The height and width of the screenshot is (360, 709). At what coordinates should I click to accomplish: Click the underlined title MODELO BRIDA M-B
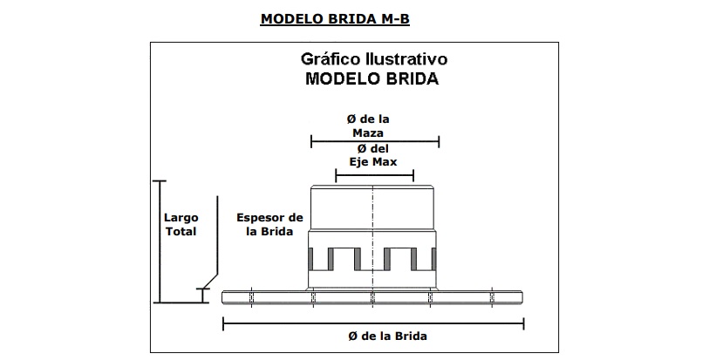[341, 17]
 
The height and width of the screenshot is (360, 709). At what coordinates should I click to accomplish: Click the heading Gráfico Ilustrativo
[373, 60]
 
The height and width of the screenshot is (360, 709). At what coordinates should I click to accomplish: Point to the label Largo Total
[181, 224]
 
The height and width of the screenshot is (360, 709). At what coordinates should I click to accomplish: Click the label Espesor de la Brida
[269, 224]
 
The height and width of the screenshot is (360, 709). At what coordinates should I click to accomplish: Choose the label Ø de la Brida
[373, 336]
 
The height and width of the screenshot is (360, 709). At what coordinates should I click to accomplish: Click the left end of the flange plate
[225, 296]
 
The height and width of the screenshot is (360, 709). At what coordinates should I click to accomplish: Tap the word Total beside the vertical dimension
[181, 231]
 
